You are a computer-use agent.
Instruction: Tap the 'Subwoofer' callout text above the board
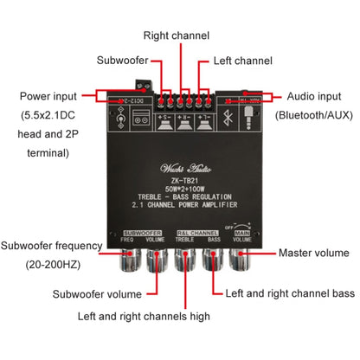(x=121, y=61)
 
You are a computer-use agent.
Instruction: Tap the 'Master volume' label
(x=313, y=254)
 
